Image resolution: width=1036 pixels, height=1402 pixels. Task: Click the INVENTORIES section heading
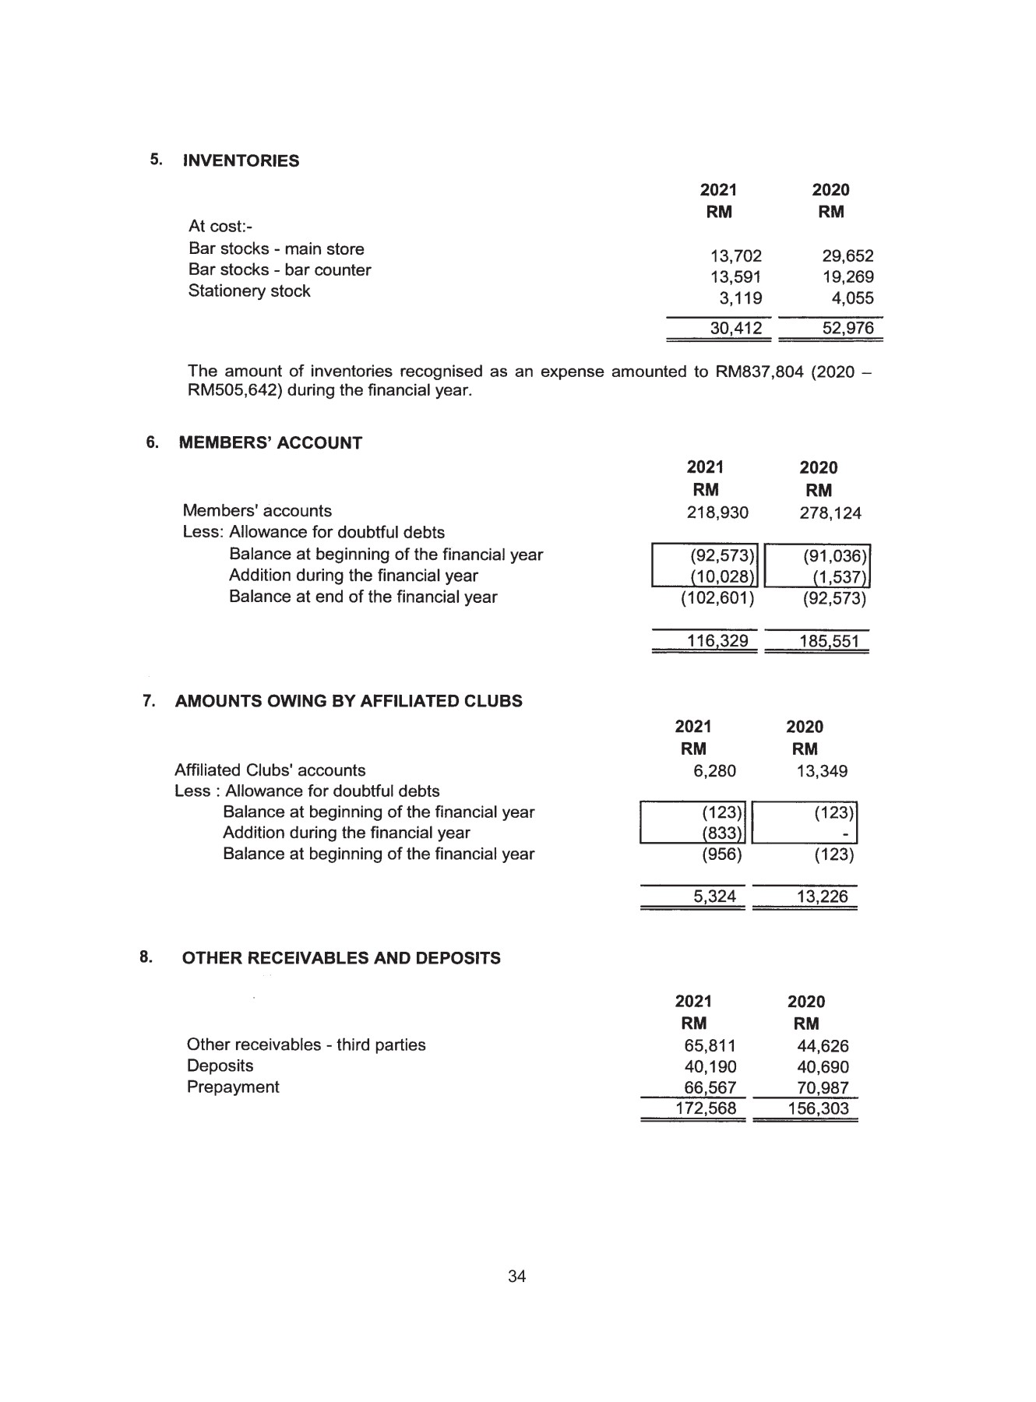point(241,161)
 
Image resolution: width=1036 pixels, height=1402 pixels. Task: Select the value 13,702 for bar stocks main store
point(735,256)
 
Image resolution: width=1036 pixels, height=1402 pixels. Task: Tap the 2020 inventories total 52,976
point(847,329)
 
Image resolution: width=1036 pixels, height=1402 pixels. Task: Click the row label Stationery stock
point(249,291)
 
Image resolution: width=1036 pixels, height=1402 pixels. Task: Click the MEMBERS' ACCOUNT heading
point(270,443)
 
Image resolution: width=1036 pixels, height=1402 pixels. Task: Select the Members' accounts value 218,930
point(717,513)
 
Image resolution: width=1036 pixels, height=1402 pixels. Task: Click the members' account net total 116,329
point(717,641)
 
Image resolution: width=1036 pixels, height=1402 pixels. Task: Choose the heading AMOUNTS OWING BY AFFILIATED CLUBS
point(348,701)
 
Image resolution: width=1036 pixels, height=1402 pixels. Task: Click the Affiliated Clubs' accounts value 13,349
point(816,771)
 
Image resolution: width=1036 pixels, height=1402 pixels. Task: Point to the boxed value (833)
point(721,834)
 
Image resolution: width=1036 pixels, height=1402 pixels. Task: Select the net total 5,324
point(714,897)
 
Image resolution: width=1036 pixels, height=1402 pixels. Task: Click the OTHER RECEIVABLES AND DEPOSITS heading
point(341,959)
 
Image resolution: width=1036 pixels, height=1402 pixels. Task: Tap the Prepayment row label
point(232,1087)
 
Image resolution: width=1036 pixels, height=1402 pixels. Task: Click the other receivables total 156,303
point(817,1108)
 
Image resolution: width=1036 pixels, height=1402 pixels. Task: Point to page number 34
point(517,1277)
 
